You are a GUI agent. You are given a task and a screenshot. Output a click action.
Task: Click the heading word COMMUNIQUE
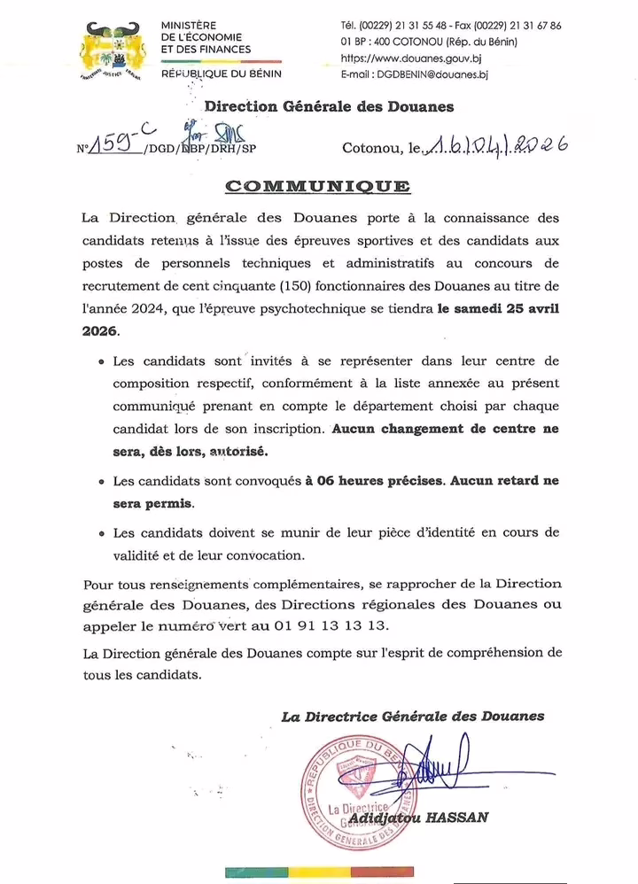318,186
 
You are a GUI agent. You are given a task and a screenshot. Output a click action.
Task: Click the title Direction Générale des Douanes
329,107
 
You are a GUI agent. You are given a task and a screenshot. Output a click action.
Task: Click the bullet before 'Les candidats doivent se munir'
102,534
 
